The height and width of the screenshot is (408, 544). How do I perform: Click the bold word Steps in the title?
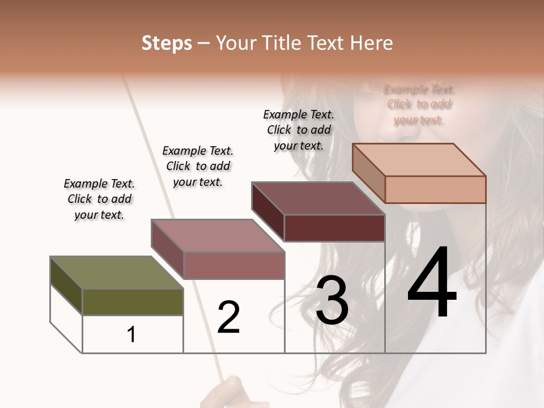[x=167, y=43]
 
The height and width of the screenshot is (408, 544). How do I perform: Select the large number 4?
[x=432, y=283]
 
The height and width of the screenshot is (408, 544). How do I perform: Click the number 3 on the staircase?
[x=332, y=301]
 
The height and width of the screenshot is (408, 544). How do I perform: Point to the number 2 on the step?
[x=229, y=317]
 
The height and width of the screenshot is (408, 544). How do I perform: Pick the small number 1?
[x=131, y=334]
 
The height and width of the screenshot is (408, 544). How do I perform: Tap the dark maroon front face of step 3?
[x=334, y=228]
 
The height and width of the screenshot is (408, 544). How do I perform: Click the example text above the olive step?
[x=99, y=199]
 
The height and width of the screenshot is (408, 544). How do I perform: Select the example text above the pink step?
[x=198, y=166]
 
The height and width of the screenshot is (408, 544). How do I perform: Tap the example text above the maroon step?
[x=299, y=130]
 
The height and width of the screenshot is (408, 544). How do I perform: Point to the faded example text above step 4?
[x=419, y=105]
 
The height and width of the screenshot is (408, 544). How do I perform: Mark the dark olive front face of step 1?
[x=133, y=301]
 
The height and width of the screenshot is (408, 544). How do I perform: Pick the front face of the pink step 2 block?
[x=233, y=265]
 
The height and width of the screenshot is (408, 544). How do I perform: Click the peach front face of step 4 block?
[x=435, y=189]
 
